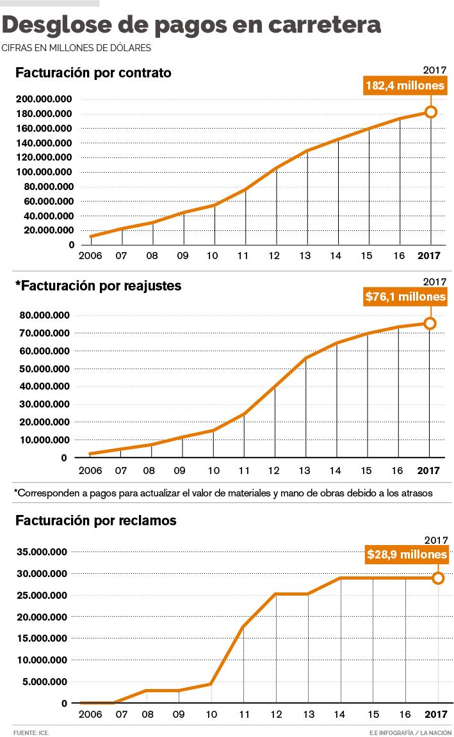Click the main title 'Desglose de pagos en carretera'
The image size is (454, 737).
pos(192,25)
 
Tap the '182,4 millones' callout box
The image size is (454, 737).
pos(405,85)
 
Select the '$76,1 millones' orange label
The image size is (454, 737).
pos(405,297)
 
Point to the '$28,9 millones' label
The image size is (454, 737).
pos(407,555)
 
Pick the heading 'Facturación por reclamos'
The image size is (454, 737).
pos(95,521)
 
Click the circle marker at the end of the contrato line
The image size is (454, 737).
pos(431,112)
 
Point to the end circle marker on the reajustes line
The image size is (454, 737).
pos(430,324)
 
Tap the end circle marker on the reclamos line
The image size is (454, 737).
pos(439,578)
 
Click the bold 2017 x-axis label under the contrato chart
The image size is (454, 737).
pos(429,257)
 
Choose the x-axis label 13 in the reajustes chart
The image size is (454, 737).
pos(305,470)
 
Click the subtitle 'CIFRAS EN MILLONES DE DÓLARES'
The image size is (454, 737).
pos(77,48)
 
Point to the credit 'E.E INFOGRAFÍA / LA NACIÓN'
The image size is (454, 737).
pos(410,731)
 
